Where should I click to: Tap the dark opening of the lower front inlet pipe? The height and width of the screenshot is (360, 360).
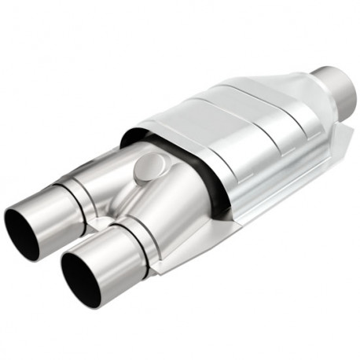pos(80,281)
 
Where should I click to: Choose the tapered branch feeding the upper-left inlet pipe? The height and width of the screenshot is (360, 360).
pos(110,177)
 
